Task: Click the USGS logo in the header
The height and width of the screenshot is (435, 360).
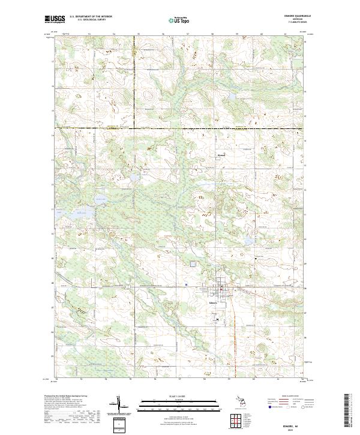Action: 55,19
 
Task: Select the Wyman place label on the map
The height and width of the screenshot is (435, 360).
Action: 220,153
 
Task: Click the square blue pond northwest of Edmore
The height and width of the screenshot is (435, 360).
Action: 193,264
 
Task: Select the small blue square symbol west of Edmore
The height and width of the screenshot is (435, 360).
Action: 187,284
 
